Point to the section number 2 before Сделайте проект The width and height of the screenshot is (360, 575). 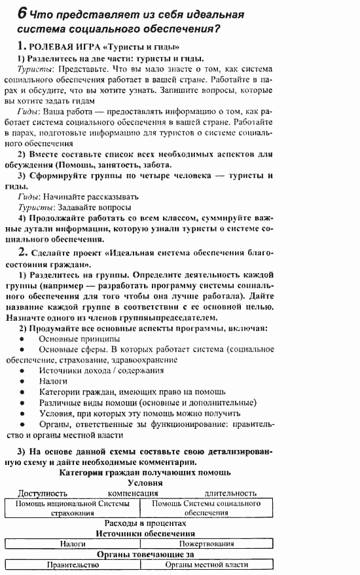pos(22,252)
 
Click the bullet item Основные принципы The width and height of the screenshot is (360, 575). pos(79,339)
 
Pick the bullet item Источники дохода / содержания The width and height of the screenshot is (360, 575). pos(101,370)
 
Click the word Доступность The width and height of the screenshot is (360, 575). pos(43,492)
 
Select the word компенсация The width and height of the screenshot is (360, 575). pos(133,492)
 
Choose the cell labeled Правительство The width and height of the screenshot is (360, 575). pos(73,565)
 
